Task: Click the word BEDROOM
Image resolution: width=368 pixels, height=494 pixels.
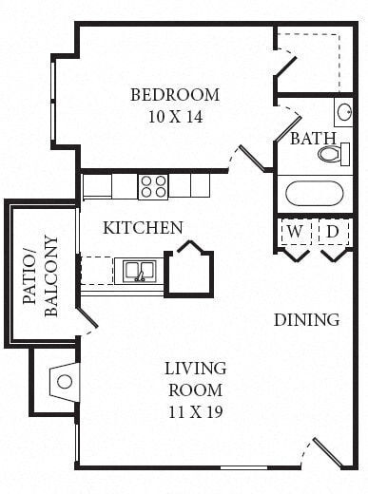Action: click(x=174, y=95)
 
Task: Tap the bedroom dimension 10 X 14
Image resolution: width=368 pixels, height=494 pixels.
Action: click(x=174, y=117)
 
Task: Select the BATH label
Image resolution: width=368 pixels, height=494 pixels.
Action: click(x=313, y=139)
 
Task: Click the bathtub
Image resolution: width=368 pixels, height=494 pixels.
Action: click(x=314, y=194)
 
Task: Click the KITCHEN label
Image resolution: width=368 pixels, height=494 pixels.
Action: click(x=143, y=228)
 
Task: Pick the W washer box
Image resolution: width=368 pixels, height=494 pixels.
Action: click(x=296, y=232)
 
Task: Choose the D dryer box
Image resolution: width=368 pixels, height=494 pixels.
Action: click(x=333, y=232)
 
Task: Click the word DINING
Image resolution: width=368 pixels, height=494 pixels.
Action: click(x=306, y=319)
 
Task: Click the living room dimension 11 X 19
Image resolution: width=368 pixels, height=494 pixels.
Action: click(x=195, y=412)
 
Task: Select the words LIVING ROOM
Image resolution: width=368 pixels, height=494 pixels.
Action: click(x=195, y=379)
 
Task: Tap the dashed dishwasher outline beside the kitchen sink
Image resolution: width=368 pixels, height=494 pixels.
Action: click(x=96, y=271)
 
